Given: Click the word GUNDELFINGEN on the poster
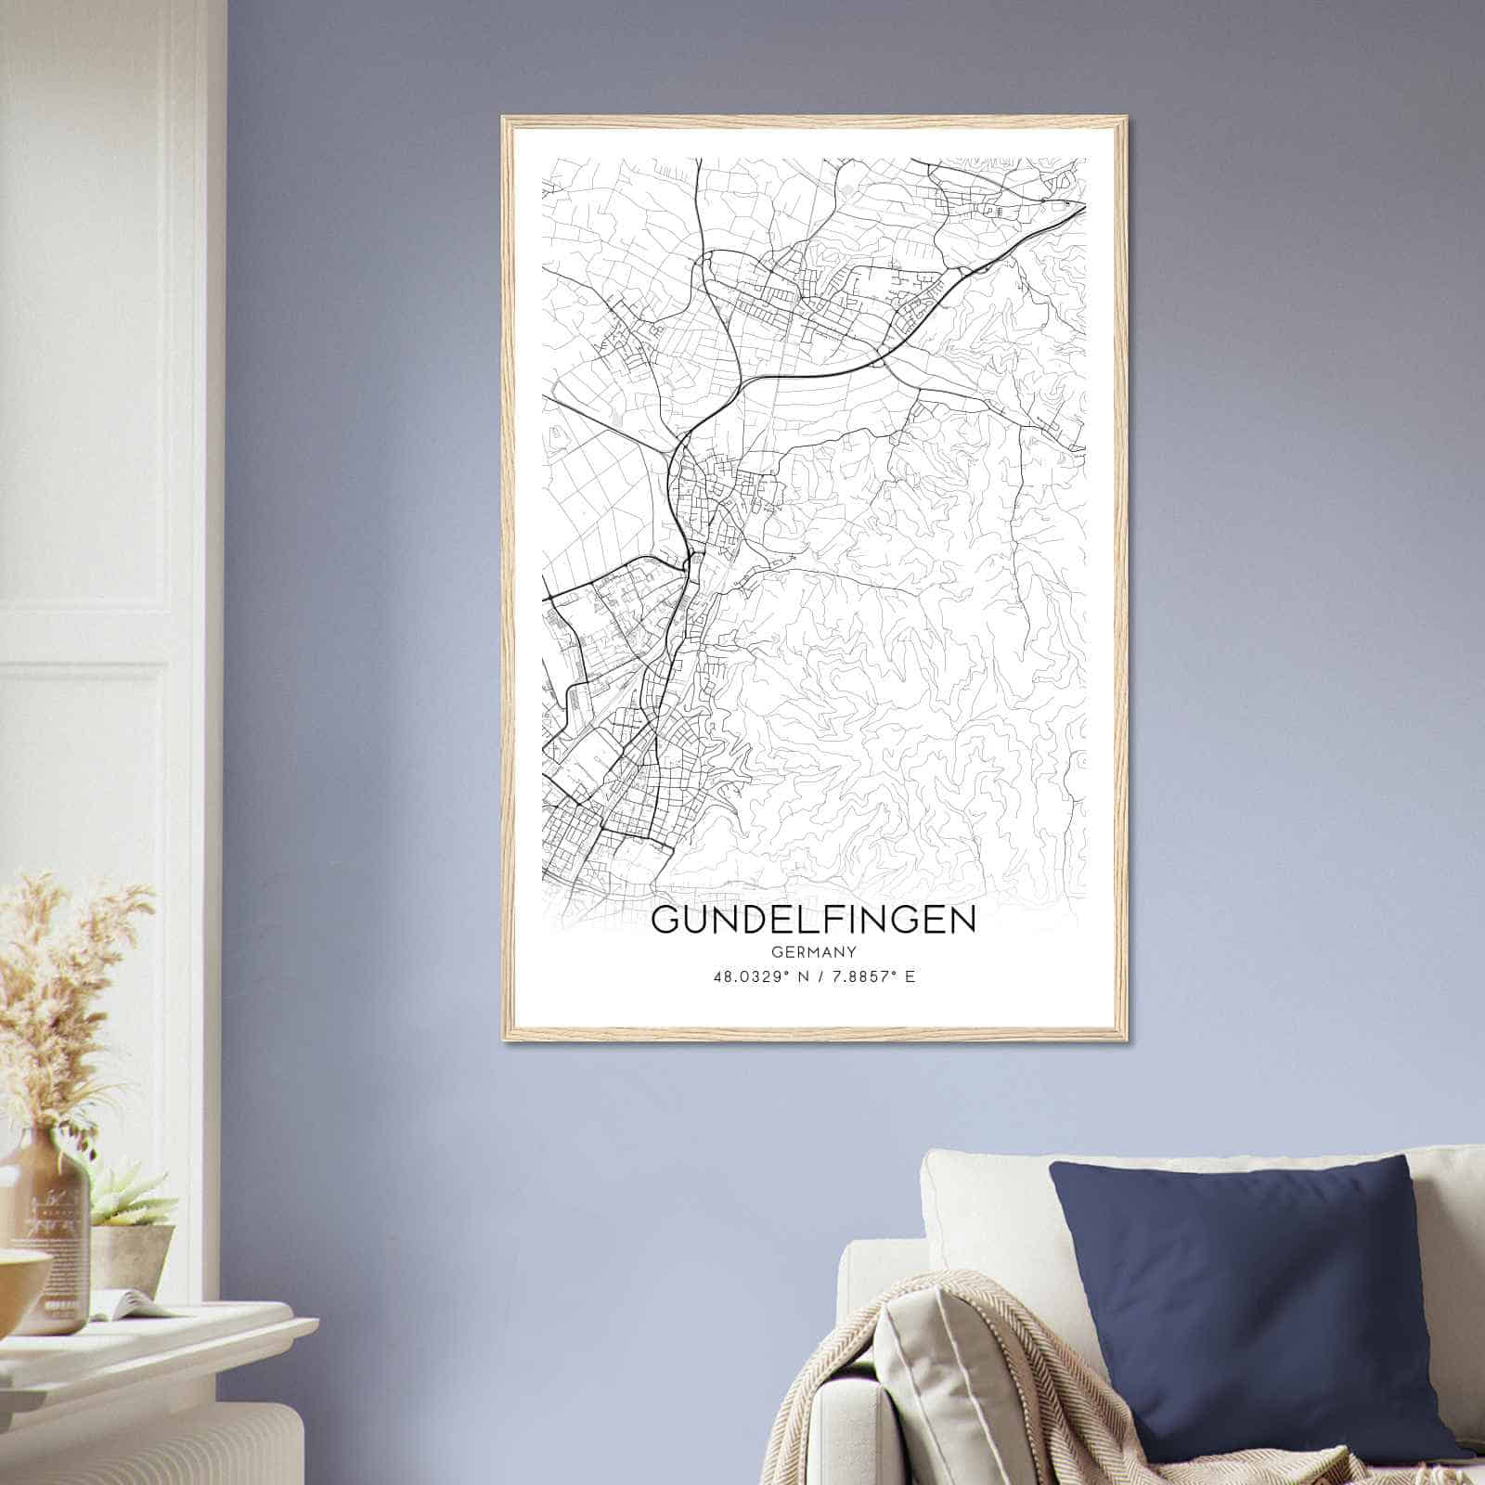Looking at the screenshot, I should (814, 919).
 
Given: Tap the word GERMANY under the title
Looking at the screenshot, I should (814, 951).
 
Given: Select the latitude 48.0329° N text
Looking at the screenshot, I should (758, 976).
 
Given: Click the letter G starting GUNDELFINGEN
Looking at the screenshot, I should (665, 919).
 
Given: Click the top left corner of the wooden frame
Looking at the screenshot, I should (504, 119).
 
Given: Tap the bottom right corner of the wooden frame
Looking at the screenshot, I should (1124, 1039).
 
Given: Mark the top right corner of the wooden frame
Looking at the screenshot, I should (1124, 119).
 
